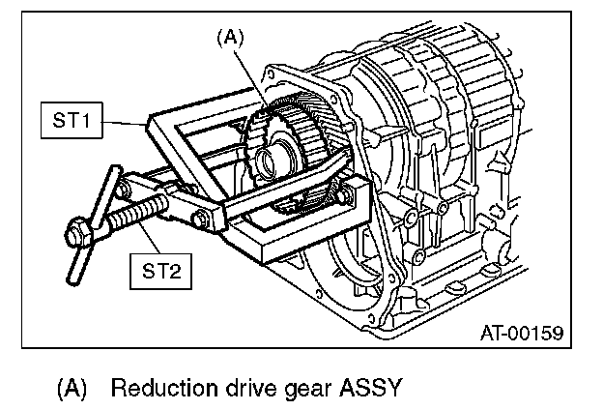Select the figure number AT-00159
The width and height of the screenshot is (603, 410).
click(521, 334)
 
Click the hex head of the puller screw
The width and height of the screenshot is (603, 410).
click(75, 233)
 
